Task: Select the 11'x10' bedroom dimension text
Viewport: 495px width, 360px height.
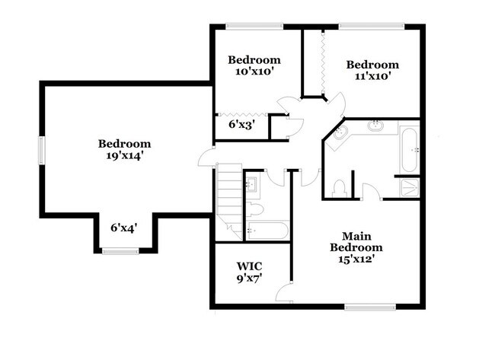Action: coord(372,77)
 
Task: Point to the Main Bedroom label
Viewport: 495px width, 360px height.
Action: coord(356,241)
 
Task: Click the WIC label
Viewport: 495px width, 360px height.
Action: coord(249,266)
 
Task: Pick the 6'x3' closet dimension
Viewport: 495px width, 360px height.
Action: coord(241,124)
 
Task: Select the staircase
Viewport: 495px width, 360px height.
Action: coord(228,196)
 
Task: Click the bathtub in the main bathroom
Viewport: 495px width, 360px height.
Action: coord(408,150)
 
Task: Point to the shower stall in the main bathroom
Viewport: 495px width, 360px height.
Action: coord(408,187)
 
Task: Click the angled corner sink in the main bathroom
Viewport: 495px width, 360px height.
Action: coord(340,134)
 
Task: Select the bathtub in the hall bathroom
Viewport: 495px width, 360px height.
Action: coord(267,230)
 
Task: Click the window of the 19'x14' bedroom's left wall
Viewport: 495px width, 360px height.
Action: coord(43,150)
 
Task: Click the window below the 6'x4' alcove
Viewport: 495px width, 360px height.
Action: coord(120,250)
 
